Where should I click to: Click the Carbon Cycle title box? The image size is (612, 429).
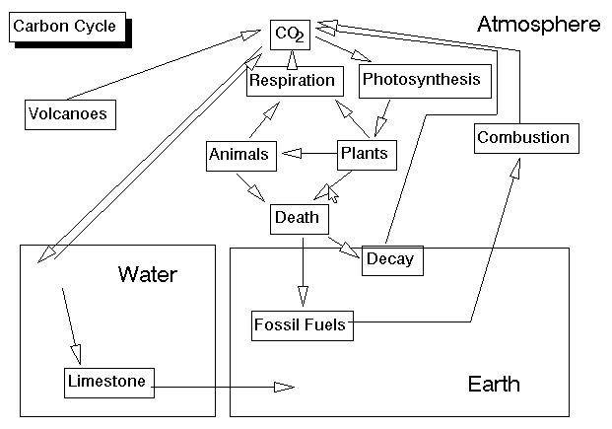pyautogui.click(x=68, y=27)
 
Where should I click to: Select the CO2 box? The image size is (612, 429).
pyautogui.click(x=290, y=35)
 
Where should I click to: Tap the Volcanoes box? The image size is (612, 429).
pyautogui.click(x=70, y=114)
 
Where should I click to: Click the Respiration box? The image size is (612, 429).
pyautogui.click(x=295, y=81)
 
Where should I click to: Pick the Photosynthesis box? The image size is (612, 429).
pyautogui.click(x=425, y=81)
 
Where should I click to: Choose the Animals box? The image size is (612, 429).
pyautogui.click(x=241, y=156)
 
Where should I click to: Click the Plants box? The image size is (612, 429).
pyautogui.click(x=367, y=155)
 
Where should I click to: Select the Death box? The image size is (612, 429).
pyautogui.click(x=300, y=219)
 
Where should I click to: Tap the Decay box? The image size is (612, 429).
pyautogui.click(x=392, y=260)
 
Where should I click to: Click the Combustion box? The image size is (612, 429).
pyautogui.click(x=526, y=138)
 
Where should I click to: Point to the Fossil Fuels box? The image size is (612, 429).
pyautogui.click(x=303, y=325)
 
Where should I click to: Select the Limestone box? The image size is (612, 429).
pyautogui.click(x=109, y=383)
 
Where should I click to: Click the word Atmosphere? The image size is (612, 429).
pyautogui.click(x=539, y=25)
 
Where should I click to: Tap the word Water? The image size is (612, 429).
pyautogui.click(x=148, y=274)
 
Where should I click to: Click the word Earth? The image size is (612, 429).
pyautogui.click(x=494, y=384)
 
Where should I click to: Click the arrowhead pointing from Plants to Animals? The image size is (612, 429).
pyautogui.click(x=292, y=153)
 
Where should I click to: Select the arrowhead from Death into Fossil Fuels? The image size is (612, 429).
pyautogui.click(x=303, y=296)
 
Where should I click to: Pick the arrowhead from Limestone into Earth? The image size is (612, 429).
pyautogui.click(x=284, y=388)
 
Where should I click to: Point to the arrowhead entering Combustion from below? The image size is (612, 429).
pyautogui.click(x=516, y=168)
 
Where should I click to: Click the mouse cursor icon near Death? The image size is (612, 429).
pyautogui.click(x=332, y=194)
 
